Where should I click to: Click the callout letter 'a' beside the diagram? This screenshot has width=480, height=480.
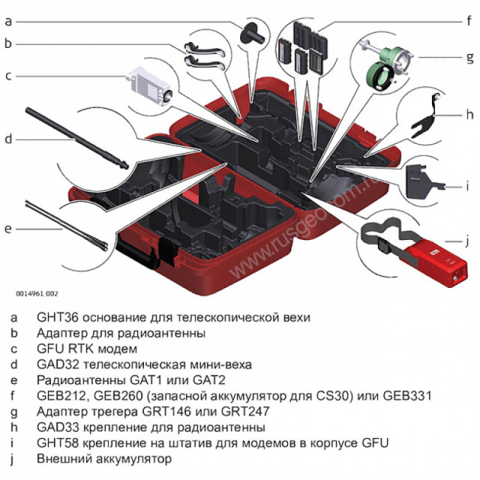point(8,21)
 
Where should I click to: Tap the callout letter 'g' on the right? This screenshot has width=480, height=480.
point(468,56)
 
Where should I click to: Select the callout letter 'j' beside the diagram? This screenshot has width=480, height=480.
point(467,240)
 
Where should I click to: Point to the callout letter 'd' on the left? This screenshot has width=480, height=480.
point(8,138)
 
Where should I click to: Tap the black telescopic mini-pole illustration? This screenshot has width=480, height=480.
point(74,136)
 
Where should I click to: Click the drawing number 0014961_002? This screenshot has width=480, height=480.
point(37,293)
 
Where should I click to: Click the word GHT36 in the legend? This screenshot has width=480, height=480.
point(55,318)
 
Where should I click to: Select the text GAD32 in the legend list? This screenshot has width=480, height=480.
point(55,365)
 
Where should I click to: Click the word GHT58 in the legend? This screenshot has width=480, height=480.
point(55,443)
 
